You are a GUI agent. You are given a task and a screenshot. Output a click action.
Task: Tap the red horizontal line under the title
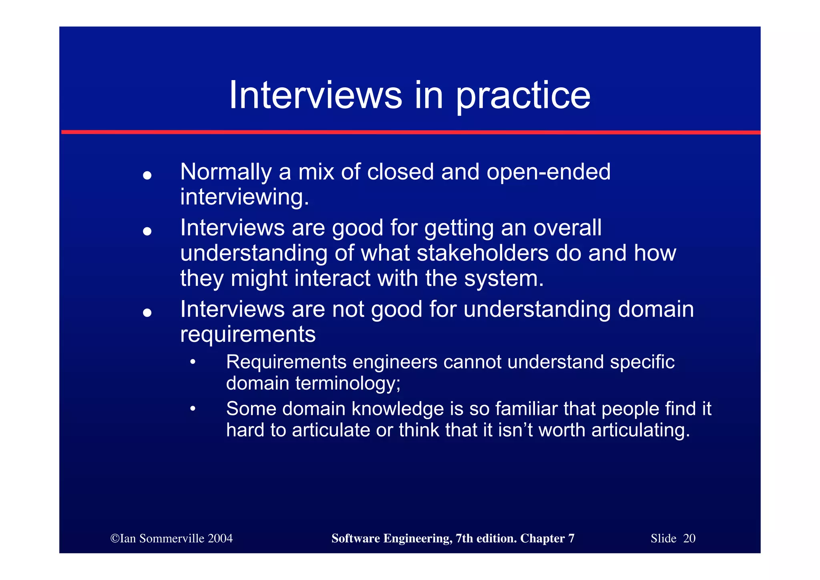(x=410, y=132)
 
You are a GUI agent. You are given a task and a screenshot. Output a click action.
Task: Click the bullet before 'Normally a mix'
(x=147, y=175)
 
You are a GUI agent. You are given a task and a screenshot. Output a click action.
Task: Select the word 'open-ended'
(x=549, y=172)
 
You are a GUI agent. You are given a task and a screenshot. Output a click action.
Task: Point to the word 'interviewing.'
(x=245, y=198)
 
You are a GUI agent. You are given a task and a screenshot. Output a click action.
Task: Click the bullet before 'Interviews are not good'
(x=147, y=313)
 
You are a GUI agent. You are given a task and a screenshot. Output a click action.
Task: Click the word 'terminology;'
(x=348, y=384)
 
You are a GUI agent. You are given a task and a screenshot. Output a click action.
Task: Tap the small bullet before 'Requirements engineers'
(x=193, y=362)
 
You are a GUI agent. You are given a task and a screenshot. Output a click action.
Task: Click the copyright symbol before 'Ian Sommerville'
(x=115, y=538)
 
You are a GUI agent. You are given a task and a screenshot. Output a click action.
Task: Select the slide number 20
(x=689, y=538)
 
